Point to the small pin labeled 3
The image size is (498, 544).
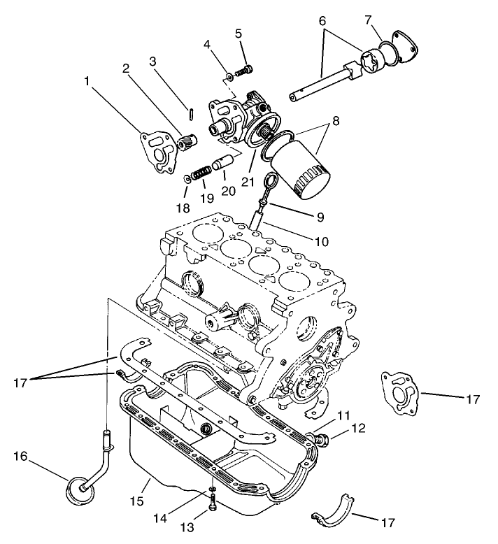coord(190,113)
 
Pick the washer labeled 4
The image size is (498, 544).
coord(229,76)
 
